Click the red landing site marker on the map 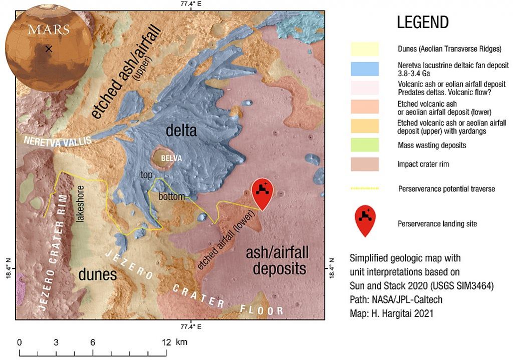(x=263, y=193)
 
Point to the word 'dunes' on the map (x=97, y=274)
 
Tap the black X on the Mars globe (x=49, y=49)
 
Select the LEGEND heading (x=422, y=23)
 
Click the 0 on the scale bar (x=20, y=342)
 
